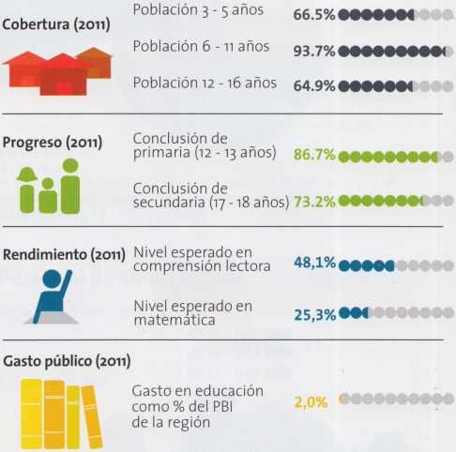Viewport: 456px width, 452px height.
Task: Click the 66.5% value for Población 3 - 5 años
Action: [x=313, y=16]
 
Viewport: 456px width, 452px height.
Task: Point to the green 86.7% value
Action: [x=314, y=156]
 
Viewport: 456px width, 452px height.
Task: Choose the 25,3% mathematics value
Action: [x=314, y=314]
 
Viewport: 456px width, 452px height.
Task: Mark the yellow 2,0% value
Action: [x=311, y=400]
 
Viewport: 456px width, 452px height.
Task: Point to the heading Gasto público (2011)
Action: [x=66, y=360]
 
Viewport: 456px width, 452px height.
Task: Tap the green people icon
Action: [x=50, y=186]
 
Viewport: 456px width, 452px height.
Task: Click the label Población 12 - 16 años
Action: [x=205, y=83]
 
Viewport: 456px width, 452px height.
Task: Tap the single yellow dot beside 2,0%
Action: [x=343, y=399]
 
